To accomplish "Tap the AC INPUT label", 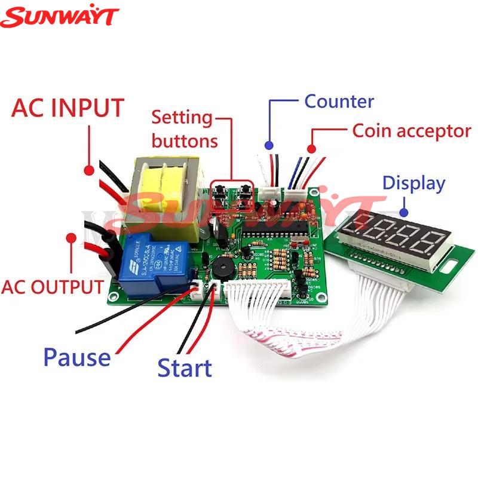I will tap(68, 108).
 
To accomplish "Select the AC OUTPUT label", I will tap(52, 287).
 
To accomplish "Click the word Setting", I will tap(182, 117).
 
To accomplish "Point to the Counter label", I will tap(339, 101).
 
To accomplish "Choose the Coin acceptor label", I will tap(412, 131).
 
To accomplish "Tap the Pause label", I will tap(76, 357).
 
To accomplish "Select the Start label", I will tap(185, 368).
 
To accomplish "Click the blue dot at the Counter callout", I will tap(269, 145).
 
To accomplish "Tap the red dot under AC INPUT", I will tap(89, 171).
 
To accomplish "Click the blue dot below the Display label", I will tap(405, 210).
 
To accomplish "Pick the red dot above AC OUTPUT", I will tap(71, 237).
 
